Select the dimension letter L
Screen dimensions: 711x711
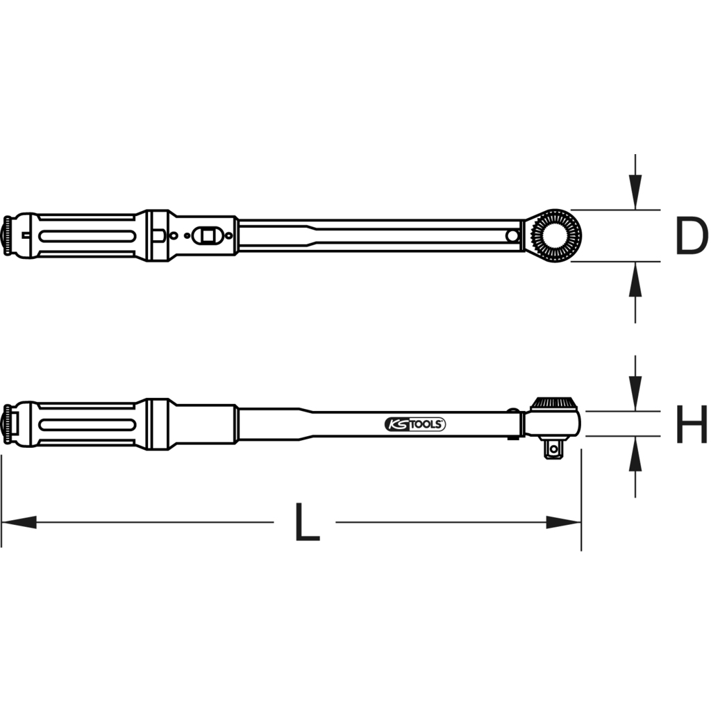(x=306, y=522)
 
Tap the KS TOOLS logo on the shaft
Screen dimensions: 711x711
(x=415, y=424)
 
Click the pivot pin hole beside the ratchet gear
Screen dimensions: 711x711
(x=512, y=236)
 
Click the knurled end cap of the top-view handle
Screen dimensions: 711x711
(x=9, y=236)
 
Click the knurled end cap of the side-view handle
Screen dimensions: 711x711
(x=9, y=424)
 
